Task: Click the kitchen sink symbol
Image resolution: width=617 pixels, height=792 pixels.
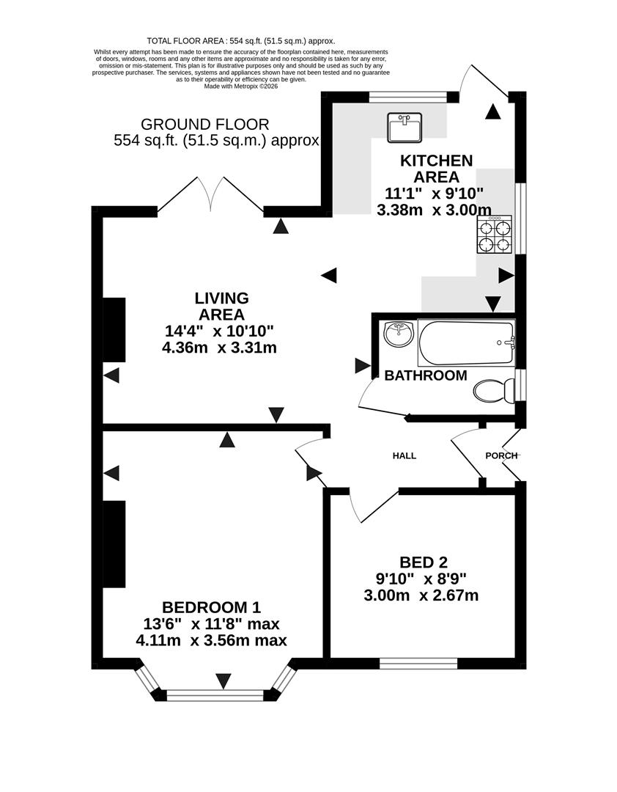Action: pyautogui.click(x=404, y=128)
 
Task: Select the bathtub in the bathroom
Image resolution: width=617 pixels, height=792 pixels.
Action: pyautogui.click(x=467, y=342)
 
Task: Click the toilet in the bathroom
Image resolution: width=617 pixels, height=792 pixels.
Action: pyautogui.click(x=493, y=391)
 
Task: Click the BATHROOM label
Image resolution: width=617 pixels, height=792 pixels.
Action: pyautogui.click(x=426, y=375)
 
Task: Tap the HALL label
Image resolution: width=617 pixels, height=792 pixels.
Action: pyautogui.click(x=404, y=455)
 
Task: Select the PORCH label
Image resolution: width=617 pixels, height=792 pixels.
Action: pyautogui.click(x=501, y=455)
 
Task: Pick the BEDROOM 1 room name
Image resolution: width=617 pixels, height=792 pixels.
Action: pyautogui.click(x=211, y=607)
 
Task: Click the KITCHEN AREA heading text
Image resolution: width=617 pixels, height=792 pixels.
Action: pyautogui.click(x=436, y=169)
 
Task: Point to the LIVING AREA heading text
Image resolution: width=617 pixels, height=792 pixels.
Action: pyautogui.click(x=221, y=307)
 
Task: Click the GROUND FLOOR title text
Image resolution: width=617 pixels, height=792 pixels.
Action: pyautogui.click(x=205, y=125)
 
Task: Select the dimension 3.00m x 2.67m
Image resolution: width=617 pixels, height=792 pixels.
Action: pyautogui.click(x=421, y=595)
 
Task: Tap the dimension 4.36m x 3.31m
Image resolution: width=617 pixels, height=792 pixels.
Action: pyautogui.click(x=219, y=348)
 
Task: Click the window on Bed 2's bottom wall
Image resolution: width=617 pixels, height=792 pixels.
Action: pyautogui.click(x=418, y=664)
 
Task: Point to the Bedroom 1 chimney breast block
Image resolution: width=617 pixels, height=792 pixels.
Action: pyautogui.click(x=114, y=544)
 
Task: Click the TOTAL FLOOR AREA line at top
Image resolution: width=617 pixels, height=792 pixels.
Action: pyautogui.click(x=241, y=41)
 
